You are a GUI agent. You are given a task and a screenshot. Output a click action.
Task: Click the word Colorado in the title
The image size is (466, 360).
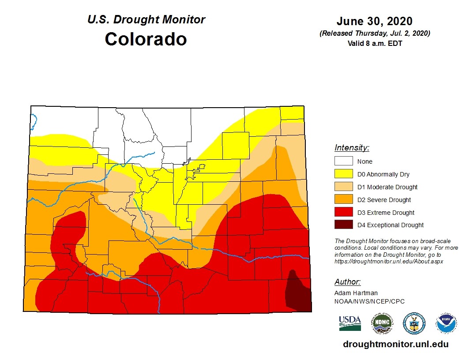pyautogui.click(x=146, y=39)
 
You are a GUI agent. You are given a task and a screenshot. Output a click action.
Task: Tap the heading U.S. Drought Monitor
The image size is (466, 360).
pyautogui.click(x=146, y=19)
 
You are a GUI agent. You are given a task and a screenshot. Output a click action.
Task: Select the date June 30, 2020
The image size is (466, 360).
pyautogui.click(x=374, y=21)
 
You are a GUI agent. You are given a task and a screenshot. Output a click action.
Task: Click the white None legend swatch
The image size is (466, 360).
pyautogui.click(x=343, y=161)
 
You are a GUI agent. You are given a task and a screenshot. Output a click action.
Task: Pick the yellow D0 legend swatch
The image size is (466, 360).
pyautogui.click(x=343, y=174)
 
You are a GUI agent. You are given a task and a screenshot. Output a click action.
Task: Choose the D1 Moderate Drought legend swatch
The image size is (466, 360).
pyautogui.click(x=343, y=187)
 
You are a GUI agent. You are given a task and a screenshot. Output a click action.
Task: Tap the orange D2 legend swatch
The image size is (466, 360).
pyautogui.click(x=343, y=200)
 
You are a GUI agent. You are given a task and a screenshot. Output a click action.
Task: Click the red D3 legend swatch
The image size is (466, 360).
pyautogui.click(x=343, y=213)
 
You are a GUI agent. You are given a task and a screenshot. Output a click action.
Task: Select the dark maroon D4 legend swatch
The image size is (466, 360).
pyautogui.click(x=343, y=225)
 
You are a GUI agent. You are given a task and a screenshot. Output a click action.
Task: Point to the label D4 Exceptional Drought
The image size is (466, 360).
pyautogui.click(x=390, y=225)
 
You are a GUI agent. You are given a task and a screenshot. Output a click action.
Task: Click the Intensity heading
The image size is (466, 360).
pyautogui.click(x=352, y=148)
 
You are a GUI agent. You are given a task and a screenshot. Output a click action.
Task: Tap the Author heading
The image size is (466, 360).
pyautogui.click(x=347, y=282)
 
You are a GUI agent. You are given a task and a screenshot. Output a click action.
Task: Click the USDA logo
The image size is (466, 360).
pyautogui.click(x=350, y=323)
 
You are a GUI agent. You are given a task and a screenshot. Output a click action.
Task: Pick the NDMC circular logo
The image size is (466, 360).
pyautogui.click(x=382, y=323)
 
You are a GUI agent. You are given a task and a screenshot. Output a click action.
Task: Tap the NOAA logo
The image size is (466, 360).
pyautogui.click(x=446, y=323)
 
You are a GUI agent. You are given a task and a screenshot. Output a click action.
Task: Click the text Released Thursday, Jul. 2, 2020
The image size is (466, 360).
pyautogui.click(x=374, y=34)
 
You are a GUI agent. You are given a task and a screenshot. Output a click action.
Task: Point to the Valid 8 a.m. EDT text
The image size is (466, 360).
pyautogui.click(x=374, y=43)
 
